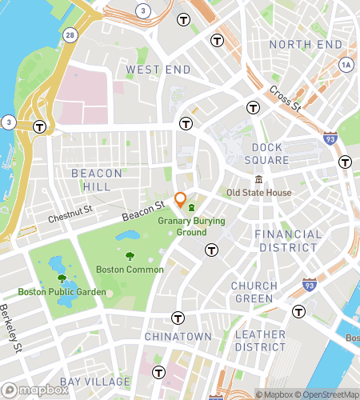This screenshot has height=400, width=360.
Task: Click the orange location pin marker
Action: click(181, 200)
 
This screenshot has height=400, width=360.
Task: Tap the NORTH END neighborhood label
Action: click(306, 44)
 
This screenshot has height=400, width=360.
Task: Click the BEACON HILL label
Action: click(97, 180)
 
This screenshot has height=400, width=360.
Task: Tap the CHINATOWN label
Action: click(178, 337)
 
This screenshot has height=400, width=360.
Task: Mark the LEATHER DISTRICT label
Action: click(260, 341)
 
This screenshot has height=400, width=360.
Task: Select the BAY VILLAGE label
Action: click(95, 380)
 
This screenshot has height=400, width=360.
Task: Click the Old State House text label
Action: click(258, 193)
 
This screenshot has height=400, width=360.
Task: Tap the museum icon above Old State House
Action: click(258, 179)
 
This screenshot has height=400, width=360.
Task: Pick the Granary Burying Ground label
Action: click(190, 226)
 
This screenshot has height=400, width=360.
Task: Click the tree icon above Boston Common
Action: click(130, 256)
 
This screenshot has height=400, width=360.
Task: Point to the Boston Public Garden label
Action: click(62, 292)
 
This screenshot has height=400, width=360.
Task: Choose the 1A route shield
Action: click(346, 63)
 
